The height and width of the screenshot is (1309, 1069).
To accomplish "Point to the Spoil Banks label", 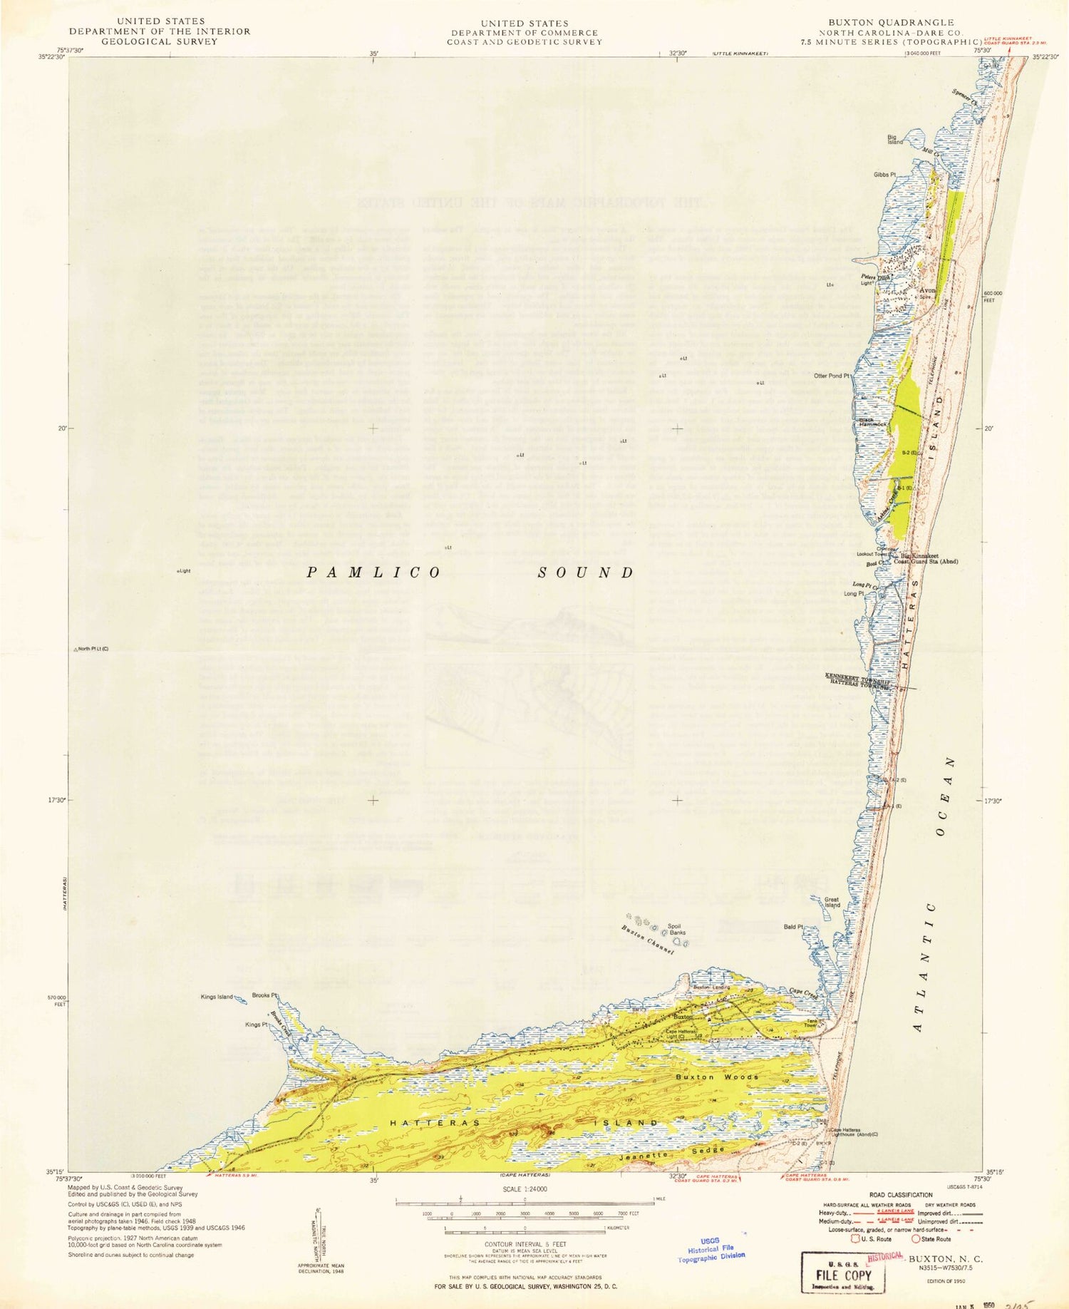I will tap(676, 929).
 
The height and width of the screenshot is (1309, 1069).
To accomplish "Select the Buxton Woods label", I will tap(717, 1077).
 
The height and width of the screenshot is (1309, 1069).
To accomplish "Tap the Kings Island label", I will tap(217, 997).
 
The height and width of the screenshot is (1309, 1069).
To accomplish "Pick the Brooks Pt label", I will tap(264, 995).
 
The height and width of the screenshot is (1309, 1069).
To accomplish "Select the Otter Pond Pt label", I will tap(832, 376).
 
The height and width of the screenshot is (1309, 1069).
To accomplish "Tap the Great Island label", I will tap(832, 903).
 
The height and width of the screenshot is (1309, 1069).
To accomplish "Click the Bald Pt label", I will tap(793, 927).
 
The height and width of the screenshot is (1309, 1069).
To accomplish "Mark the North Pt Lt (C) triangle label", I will tap(93, 650).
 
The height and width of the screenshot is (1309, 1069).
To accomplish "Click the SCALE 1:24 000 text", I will tap(525, 1189).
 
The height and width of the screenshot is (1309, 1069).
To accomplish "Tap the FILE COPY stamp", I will tap(844, 1275).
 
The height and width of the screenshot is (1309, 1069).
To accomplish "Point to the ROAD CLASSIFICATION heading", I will tap(901, 1195).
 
